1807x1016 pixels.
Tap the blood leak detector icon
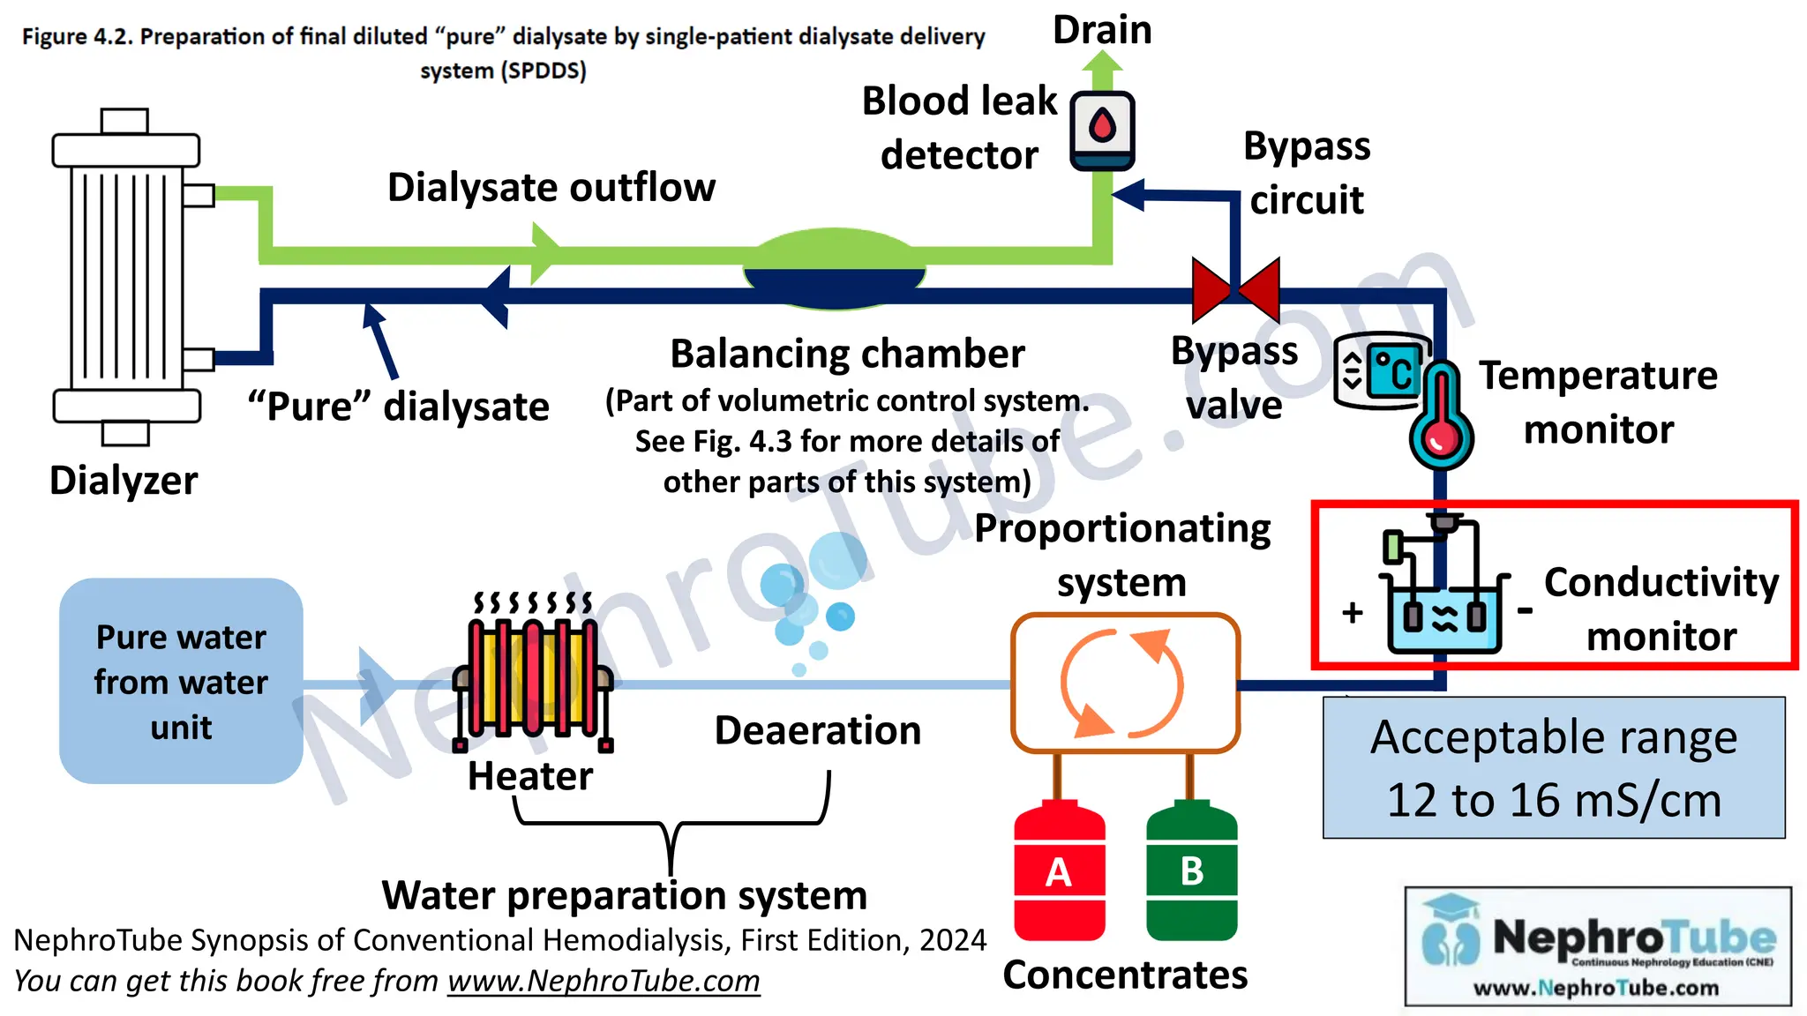tap(1102, 131)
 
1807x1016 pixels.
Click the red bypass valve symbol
tap(1235, 289)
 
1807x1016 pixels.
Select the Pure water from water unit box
tap(181, 681)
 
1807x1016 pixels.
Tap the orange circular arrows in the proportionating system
tap(1122, 684)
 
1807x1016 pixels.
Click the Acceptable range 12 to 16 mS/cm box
tap(1553, 767)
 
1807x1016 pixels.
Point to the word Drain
tap(1102, 30)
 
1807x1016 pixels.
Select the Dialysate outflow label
tap(551, 187)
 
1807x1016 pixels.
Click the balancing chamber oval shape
tap(835, 269)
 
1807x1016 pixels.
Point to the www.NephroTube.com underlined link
tap(604, 981)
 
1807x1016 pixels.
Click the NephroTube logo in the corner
tap(1598, 946)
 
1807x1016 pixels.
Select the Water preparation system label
tap(624, 895)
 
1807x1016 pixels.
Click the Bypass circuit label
tap(1307, 173)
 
